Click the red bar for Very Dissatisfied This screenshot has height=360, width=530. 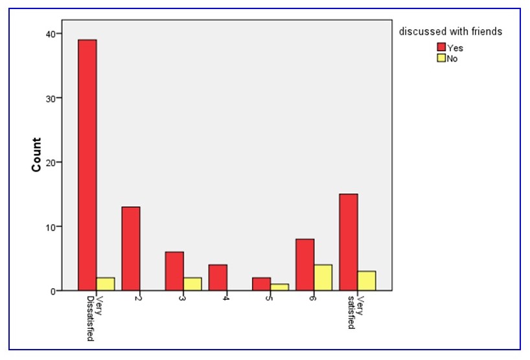point(87,165)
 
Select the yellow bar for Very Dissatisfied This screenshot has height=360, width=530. point(105,284)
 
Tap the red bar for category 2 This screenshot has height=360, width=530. point(131,249)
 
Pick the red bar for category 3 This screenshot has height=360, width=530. point(174,271)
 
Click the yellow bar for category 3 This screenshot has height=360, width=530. point(192,284)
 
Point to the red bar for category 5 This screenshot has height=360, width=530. point(261,284)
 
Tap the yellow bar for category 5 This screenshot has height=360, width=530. point(279,287)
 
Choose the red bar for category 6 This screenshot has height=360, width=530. point(305,265)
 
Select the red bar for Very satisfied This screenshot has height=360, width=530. point(349,242)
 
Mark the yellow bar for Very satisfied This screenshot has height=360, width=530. point(366,281)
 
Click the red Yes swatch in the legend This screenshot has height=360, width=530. point(442,47)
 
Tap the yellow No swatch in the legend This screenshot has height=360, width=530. point(442,58)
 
